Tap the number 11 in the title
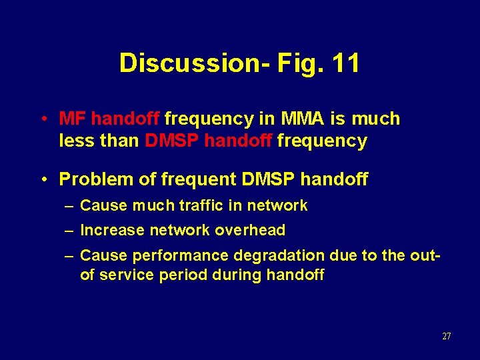[x=345, y=63]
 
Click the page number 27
[x=446, y=336]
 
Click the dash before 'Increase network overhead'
[x=69, y=231]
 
